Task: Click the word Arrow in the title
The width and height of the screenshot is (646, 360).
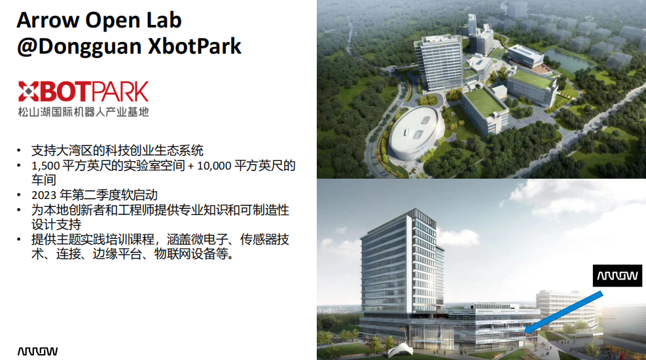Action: [48, 20]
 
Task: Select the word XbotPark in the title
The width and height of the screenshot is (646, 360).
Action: [194, 46]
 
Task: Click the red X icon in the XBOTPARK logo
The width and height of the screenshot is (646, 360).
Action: [28, 91]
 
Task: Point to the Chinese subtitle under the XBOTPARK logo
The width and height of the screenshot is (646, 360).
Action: [83, 112]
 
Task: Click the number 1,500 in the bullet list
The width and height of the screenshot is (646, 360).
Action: [46, 166]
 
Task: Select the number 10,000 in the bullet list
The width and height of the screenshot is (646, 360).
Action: [214, 166]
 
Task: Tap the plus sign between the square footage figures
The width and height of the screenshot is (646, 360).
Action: [190, 166]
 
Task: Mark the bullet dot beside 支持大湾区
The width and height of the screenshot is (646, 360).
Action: [19, 151]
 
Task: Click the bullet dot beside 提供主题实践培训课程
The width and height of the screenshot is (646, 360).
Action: [19, 240]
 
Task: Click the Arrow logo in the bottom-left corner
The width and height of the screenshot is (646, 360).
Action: [37, 351]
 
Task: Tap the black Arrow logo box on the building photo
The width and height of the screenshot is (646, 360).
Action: [617, 276]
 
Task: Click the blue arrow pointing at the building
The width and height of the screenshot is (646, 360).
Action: [564, 312]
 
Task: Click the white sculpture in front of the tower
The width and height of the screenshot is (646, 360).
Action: [401, 351]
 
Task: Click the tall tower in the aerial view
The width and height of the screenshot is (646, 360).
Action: [439, 62]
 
